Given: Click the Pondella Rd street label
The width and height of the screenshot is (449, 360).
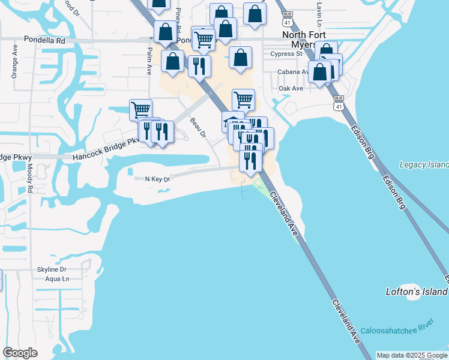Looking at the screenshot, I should point(44,40).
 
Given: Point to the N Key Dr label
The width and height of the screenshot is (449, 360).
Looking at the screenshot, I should point(152,178).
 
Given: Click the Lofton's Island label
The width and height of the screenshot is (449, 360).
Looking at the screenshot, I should point(416,292).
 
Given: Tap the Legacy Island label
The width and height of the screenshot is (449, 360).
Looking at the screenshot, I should point(424,164).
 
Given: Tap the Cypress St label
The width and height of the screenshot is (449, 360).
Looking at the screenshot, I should point(286,54).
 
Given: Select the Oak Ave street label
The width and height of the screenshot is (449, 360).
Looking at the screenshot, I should point(291,88).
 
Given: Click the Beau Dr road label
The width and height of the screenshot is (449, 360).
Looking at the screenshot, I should point(198,127).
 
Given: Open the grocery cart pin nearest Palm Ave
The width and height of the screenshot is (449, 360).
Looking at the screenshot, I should point(140,109).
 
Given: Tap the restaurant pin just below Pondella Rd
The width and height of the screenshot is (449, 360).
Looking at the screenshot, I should point(199,65).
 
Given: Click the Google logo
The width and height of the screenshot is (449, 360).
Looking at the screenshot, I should point(20,353).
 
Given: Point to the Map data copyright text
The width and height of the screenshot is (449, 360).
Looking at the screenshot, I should point(412,355).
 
